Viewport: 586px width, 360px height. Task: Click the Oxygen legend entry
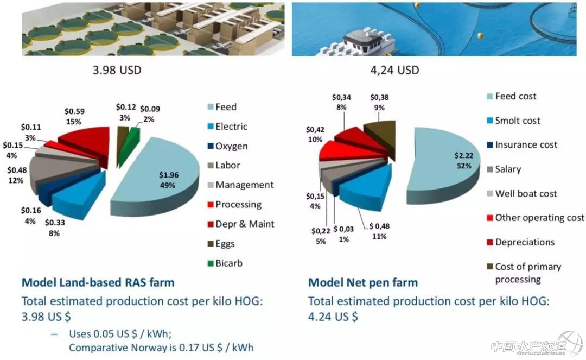click(x=231, y=146)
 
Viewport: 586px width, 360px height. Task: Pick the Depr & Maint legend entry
click(x=245, y=224)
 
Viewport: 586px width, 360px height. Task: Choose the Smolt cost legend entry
click(x=517, y=121)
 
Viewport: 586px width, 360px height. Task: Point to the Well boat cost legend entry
click(x=526, y=193)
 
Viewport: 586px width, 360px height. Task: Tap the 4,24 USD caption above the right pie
click(x=392, y=71)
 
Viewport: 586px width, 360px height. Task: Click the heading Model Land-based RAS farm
click(x=98, y=282)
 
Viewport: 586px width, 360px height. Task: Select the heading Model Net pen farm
click(x=363, y=282)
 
